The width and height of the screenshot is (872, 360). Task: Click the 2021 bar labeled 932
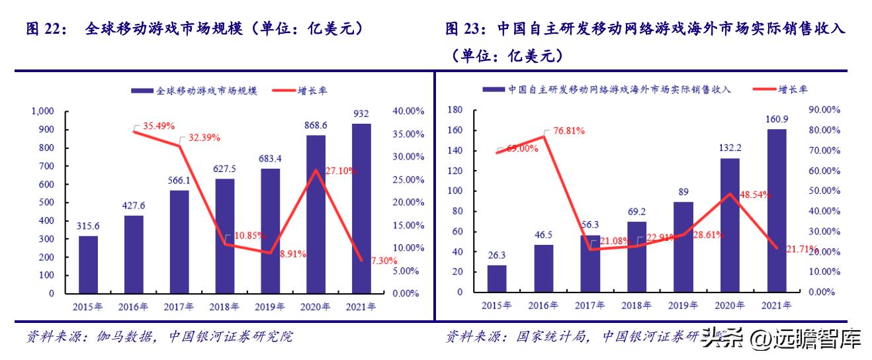pyautogui.click(x=361, y=208)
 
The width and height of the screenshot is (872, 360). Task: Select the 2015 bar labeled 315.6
pyautogui.click(x=88, y=264)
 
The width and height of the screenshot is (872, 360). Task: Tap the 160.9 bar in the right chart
pyautogui.click(x=776, y=210)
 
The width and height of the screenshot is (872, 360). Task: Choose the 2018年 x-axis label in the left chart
pyautogui.click(x=225, y=306)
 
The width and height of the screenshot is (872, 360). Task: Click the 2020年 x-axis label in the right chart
pyautogui.click(x=729, y=305)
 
